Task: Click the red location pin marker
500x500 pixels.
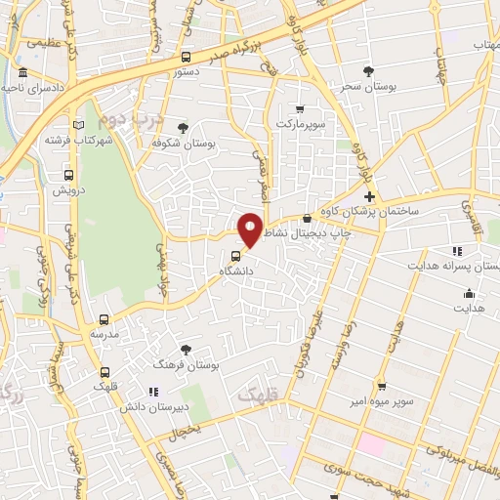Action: [251, 229]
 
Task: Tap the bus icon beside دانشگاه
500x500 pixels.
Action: [223, 258]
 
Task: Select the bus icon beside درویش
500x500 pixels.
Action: [68, 175]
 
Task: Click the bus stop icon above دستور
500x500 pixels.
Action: [187, 57]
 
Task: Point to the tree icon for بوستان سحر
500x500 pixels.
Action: [368, 71]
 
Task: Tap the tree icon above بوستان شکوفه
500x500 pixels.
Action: [183, 127]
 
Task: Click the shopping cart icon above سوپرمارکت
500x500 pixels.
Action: [300, 109]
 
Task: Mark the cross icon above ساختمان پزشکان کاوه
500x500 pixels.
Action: [369, 196]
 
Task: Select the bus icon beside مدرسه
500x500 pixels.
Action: [104, 318]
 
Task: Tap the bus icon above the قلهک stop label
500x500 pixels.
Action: [104, 372]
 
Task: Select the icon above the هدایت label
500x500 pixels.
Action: [469, 293]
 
